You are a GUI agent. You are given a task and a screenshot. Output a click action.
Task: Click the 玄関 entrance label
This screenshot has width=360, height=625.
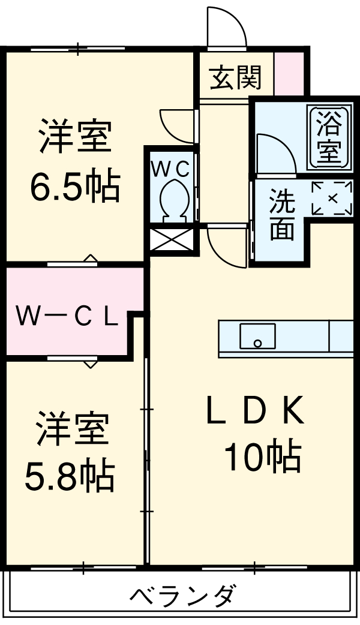235,77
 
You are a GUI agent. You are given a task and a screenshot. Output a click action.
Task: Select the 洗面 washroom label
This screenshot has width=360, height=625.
281,215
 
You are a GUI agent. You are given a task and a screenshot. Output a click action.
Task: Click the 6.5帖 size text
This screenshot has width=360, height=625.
74,187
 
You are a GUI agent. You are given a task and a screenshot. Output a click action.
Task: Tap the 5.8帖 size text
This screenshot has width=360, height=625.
69,476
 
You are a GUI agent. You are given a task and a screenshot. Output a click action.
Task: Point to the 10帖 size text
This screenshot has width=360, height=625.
262,459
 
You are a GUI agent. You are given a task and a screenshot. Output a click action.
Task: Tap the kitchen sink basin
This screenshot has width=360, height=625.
257,336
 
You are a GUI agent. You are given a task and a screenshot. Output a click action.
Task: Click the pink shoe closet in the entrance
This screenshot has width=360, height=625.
289,73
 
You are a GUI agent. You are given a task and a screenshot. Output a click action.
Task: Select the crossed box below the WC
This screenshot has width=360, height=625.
172,240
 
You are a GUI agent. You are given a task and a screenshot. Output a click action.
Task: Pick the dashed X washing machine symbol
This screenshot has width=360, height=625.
332,197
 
